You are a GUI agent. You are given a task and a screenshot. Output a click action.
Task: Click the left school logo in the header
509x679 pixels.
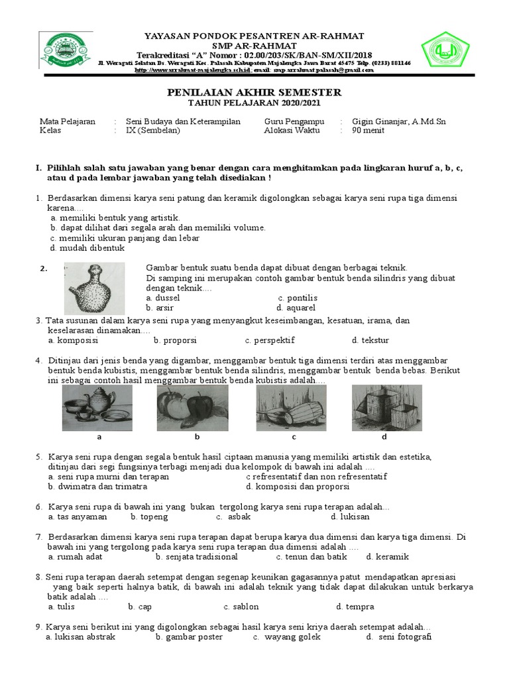tap(68, 52)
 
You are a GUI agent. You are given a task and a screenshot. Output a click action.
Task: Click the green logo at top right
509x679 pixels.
tap(445, 51)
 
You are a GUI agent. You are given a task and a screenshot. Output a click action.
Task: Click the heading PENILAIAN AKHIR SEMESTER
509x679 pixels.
tap(254, 92)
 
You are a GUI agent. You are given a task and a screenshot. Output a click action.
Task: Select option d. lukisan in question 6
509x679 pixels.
tap(351, 517)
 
